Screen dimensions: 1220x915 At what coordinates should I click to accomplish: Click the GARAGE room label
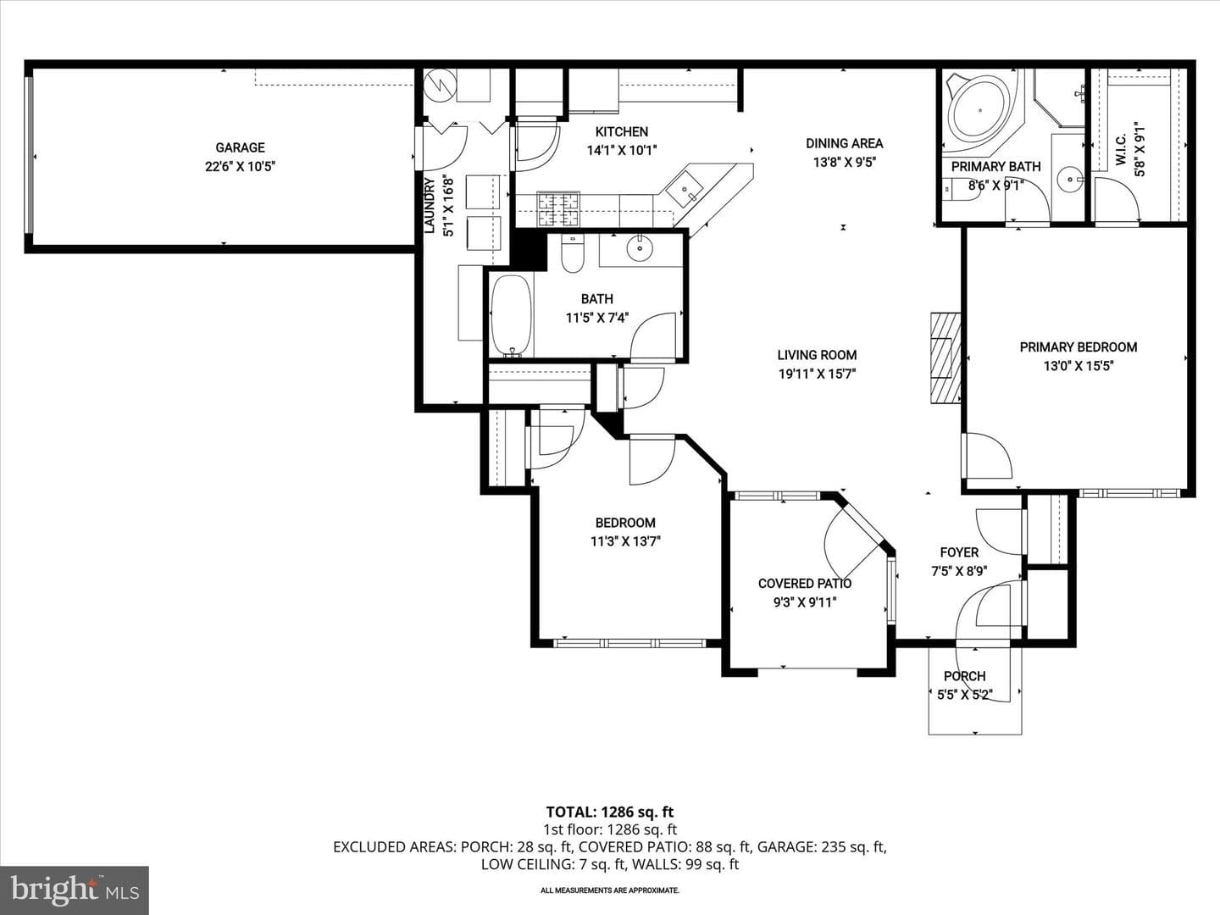click(240, 147)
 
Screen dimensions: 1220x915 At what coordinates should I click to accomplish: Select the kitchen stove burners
click(558, 209)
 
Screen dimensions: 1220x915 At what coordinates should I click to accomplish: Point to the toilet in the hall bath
click(573, 253)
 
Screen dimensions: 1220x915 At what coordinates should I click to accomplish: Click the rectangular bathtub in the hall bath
click(512, 315)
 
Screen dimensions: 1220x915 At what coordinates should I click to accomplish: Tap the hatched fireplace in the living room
click(946, 358)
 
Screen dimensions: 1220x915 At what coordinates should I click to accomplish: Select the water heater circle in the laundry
click(441, 86)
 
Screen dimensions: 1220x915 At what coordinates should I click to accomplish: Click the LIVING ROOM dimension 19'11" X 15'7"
click(817, 374)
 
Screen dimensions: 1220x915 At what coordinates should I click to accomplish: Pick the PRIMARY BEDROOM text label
click(1079, 347)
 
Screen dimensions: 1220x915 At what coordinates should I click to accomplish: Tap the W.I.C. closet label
click(1120, 149)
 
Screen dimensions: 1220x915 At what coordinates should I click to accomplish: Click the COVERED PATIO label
click(805, 584)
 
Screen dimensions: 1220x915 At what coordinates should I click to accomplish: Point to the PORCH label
click(965, 676)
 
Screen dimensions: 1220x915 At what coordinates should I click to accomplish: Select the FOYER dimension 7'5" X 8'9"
click(959, 571)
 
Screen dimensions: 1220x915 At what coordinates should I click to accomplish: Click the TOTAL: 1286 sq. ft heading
click(610, 812)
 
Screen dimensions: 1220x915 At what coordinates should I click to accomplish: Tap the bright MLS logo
click(75, 890)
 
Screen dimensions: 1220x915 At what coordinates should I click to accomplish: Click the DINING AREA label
click(845, 143)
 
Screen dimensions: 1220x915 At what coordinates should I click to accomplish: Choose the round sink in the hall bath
click(639, 248)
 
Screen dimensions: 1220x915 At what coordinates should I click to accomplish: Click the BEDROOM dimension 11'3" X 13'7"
click(625, 541)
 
